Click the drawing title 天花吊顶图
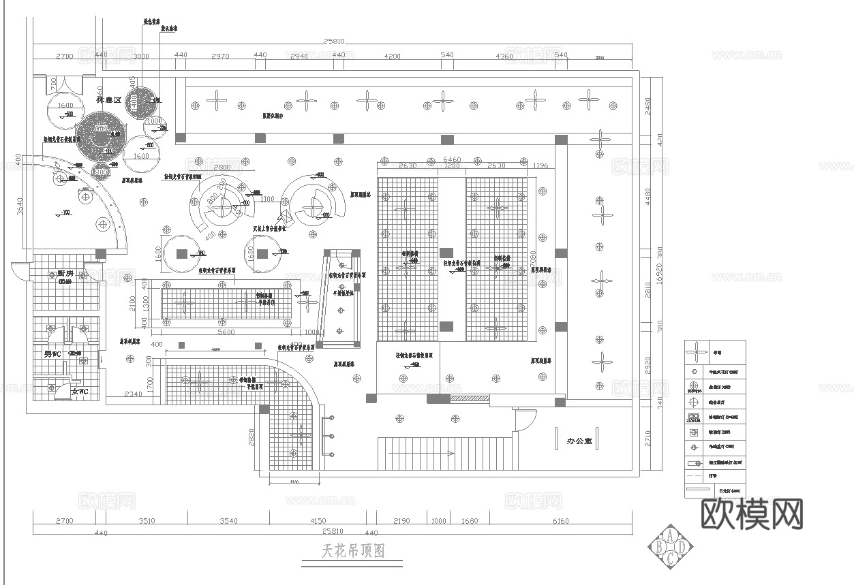click(353, 550)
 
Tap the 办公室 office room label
click(580, 441)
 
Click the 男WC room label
click(52, 354)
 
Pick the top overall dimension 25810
click(334, 42)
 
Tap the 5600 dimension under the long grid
click(226, 332)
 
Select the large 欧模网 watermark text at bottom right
click(752, 513)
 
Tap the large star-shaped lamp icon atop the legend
click(696, 353)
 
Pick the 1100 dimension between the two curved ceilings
click(266, 200)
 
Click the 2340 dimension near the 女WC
click(134, 394)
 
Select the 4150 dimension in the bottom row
click(317, 521)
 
